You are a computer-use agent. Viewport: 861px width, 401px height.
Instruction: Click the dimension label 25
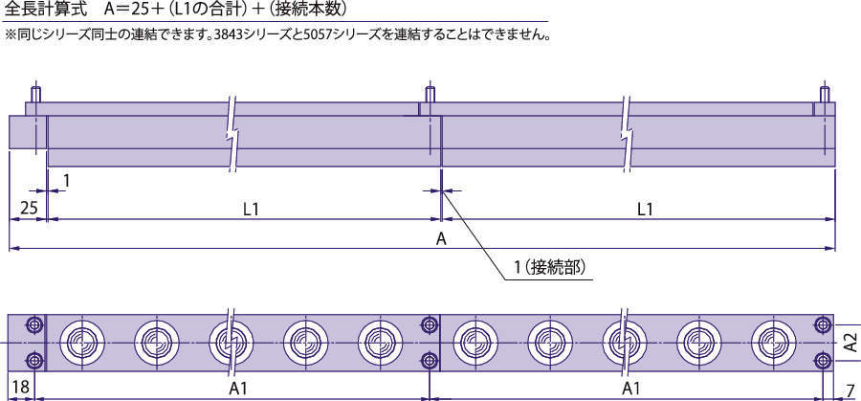click(29, 209)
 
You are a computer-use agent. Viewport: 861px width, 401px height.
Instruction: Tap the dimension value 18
click(20, 389)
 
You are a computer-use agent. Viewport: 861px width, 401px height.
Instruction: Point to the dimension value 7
click(850, 390)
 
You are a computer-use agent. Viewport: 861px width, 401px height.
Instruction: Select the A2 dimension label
click(850, 343)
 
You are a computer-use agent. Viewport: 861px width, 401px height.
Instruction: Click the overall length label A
click(440, 239)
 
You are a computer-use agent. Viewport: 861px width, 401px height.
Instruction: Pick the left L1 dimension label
click(251, 209)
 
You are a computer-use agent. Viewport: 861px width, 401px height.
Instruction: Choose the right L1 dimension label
click(646, 209)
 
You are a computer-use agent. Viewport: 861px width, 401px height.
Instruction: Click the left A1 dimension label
click(238, 389)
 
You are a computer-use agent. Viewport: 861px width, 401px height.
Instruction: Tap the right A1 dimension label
click(632, 389)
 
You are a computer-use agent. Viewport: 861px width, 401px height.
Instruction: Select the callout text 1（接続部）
click(549, 268)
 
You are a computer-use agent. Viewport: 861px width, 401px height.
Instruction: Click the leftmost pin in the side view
click(35, 94)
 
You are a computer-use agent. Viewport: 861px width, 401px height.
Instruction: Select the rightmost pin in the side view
click(824, 94)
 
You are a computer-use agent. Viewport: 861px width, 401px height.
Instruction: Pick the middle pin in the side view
click(430, 94)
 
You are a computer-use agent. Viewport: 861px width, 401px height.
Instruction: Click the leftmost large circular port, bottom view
click(81, 344)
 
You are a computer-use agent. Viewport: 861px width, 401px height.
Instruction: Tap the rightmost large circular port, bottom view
click(773, 344)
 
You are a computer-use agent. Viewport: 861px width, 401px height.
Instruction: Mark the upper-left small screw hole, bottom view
click(35, 324)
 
